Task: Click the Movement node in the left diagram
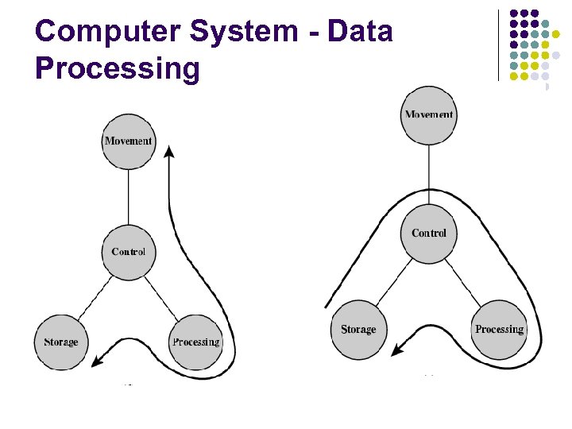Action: [x=128, y=141]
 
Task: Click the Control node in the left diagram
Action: [x=128, y=251]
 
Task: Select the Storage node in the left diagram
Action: [x=60, y=342]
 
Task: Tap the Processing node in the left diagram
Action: [x=195, y=342]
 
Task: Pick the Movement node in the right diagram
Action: [x=429, y=114]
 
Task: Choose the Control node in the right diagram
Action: [x=429, y=233]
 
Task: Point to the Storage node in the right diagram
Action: [x=358, y=329]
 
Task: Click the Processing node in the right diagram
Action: [x=499, y=329]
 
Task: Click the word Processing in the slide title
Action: [x=118, y=68]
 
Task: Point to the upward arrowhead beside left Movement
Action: [x=168, y=153]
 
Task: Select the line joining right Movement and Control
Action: [x=429, y=175]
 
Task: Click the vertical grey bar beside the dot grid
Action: [x=498, y=44]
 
